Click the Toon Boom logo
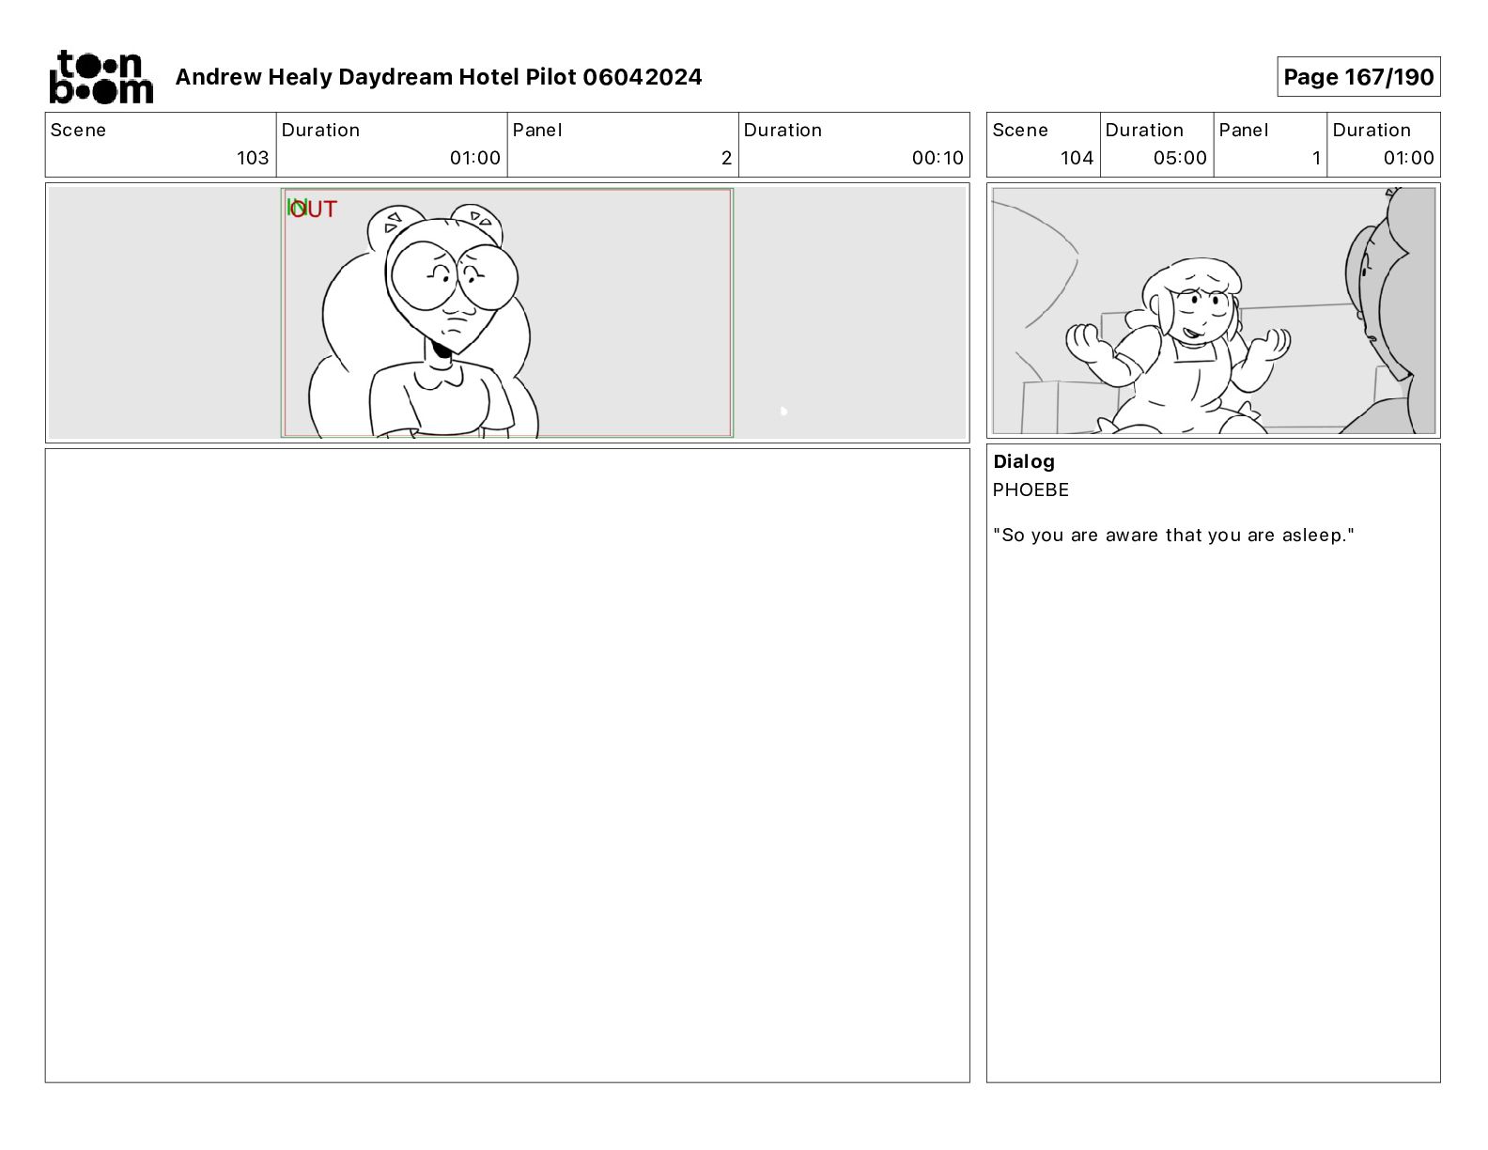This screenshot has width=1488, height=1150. click(x=101, y=77)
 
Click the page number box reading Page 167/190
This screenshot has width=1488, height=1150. click(x=1358, y=77)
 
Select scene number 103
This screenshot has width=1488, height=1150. click(x=253, y=158)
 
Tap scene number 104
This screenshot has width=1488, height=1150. click(x=1077, y=158)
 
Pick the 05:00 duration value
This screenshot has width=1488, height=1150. click(x=1180, y=158)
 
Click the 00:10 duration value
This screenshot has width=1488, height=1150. click(x=938, y=158)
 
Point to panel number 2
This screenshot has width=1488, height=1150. click(x=726, y=158)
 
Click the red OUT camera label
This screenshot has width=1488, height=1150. click(x=314, y=209)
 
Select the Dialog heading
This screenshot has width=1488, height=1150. click(x=1024, y=461)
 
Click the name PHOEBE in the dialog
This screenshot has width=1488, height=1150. click(x=1031, y=490)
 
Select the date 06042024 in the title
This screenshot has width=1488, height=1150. click(x=643, y=77)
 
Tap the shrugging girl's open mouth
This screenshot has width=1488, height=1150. click(x=1192, y=334)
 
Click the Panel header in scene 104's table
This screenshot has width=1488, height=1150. click(x=1244, y=131)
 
